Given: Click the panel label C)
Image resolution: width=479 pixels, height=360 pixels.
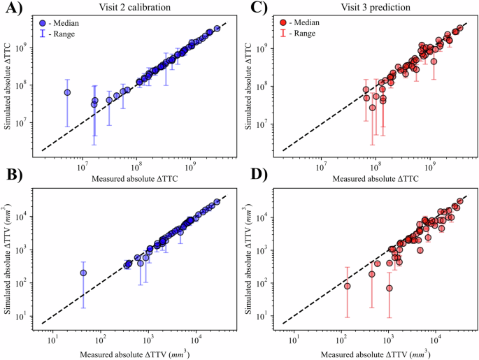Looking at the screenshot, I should pos(248,10).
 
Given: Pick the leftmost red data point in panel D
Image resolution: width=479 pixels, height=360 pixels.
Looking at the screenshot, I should pos(347,286).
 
